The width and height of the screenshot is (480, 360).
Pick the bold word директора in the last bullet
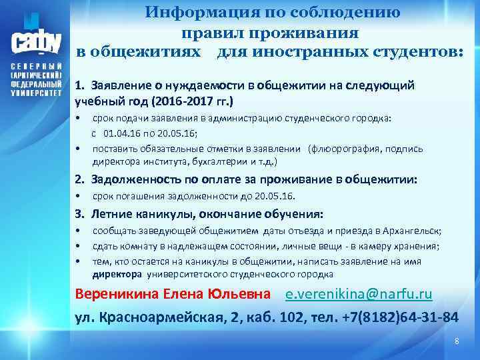tap(117, 274)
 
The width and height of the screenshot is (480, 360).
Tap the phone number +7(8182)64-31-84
tap(398, 316)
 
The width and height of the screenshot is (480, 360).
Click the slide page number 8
tap(457, 341)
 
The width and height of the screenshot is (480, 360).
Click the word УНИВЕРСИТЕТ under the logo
tap(37, 94)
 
